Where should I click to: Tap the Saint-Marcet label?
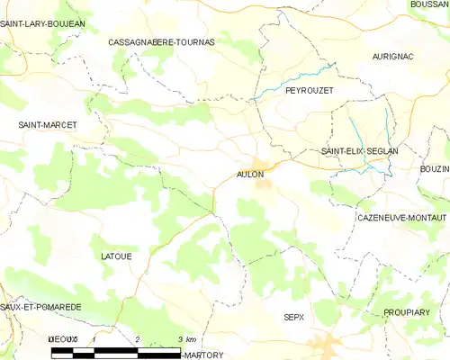(x=47, y=124)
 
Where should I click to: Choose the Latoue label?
(x=117, y=256)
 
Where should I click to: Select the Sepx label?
(x=294, y=318)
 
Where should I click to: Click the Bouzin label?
(x=434, y=168)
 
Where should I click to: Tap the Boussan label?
(x=428, y=4)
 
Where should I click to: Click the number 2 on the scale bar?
(x=137, y=338)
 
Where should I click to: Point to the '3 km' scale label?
(x=186, y=338)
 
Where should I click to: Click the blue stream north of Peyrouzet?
(x=297, y=79)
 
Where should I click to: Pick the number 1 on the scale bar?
(x=94, y=338)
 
